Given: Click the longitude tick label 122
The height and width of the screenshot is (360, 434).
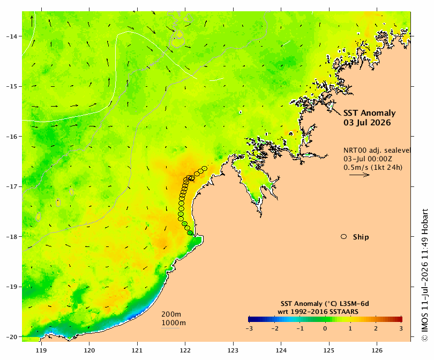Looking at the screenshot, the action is coord(185,350).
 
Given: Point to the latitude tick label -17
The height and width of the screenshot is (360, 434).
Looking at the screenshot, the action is coord(11,186).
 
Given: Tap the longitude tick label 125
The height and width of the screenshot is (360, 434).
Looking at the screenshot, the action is coord(329,350).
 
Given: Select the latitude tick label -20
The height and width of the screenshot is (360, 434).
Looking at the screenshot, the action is coord(11,337).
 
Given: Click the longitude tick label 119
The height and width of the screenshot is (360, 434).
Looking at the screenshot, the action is coord(41,350).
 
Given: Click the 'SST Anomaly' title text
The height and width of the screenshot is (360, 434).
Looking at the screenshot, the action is coord(370,113).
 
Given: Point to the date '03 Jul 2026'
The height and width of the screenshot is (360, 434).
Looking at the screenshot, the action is coord(367,123).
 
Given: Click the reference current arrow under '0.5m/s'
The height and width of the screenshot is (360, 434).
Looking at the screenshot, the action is coord(360,175).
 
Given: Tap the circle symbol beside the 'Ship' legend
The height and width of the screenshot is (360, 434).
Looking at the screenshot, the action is coord(344,237).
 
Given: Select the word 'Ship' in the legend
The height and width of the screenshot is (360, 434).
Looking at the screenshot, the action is coord(361,237).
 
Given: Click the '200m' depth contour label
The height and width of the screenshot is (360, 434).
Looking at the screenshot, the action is coord(171,314).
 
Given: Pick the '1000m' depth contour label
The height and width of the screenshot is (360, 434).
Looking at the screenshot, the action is coord(174,323).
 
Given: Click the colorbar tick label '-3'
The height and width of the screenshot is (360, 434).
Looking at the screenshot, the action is coord(249,329).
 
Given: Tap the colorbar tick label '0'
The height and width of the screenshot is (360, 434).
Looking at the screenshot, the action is coord(325,329).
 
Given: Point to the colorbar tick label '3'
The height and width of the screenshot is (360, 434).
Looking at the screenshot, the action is coord(401,329).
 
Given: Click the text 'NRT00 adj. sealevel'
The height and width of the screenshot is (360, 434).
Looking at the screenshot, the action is coord(377,150).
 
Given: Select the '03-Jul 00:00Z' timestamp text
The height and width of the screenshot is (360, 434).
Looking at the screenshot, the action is coord(368,159).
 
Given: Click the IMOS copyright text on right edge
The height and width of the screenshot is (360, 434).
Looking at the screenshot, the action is coord(424,275).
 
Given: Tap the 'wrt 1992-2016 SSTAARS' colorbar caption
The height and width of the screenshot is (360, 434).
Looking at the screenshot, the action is coord(318,312).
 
